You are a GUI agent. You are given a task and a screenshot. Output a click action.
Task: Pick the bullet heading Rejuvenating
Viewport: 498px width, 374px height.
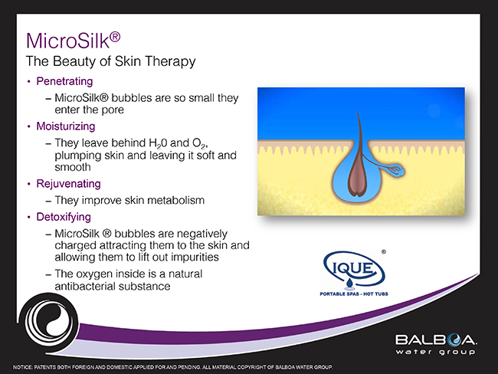coord(70,184)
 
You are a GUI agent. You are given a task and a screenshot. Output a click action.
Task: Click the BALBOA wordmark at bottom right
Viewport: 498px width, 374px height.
coord(434,339)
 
